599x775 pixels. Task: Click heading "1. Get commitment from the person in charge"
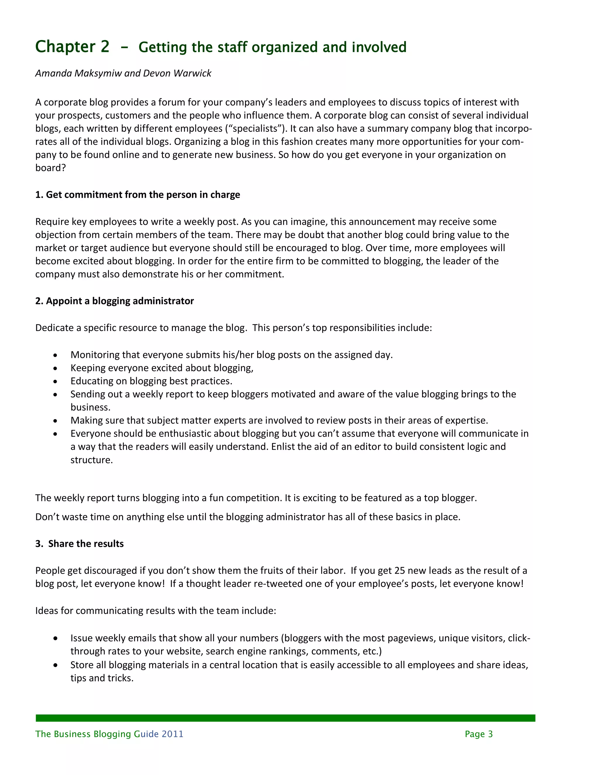coord(137,195)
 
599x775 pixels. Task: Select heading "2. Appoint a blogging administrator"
coord(114,301)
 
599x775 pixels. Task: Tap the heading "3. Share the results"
coord(80,544)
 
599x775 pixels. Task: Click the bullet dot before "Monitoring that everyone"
coord(55,355)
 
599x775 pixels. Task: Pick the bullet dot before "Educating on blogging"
coord(55,381)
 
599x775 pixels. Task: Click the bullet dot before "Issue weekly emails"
coord(55,638)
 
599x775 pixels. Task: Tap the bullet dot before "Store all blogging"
coord(55,665)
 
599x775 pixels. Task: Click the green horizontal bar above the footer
coord(285,718)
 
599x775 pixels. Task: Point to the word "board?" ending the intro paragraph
coord(50,168)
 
